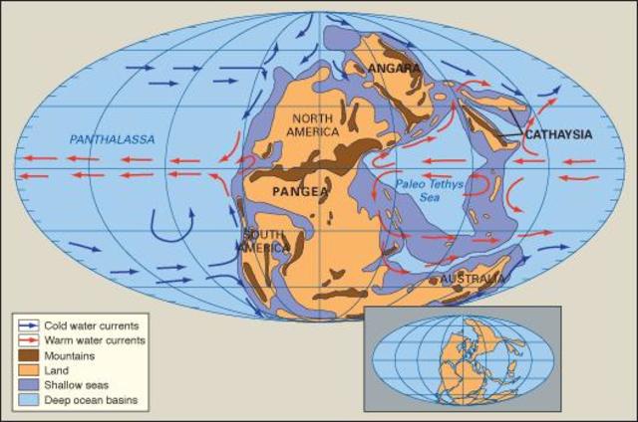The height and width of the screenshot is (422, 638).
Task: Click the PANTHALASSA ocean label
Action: pyautogui.click(x=112, y=140)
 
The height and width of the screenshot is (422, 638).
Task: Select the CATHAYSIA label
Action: pyautogui.click(x=558, y=134)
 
